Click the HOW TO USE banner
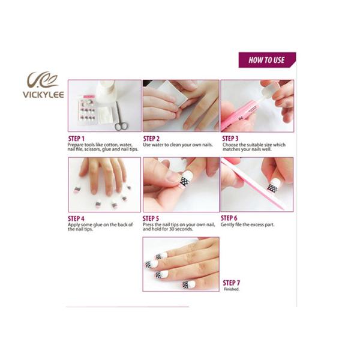point(266,60)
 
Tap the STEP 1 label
point(76,138)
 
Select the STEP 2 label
point(151,138)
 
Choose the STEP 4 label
point(76,218)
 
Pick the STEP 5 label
point(151,218)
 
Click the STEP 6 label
point(229,218)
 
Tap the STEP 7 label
point(232,283)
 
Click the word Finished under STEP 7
point(232,289)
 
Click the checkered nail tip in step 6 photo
point(272,188)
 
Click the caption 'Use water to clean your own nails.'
point(178,145)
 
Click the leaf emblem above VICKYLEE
point(42,79)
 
